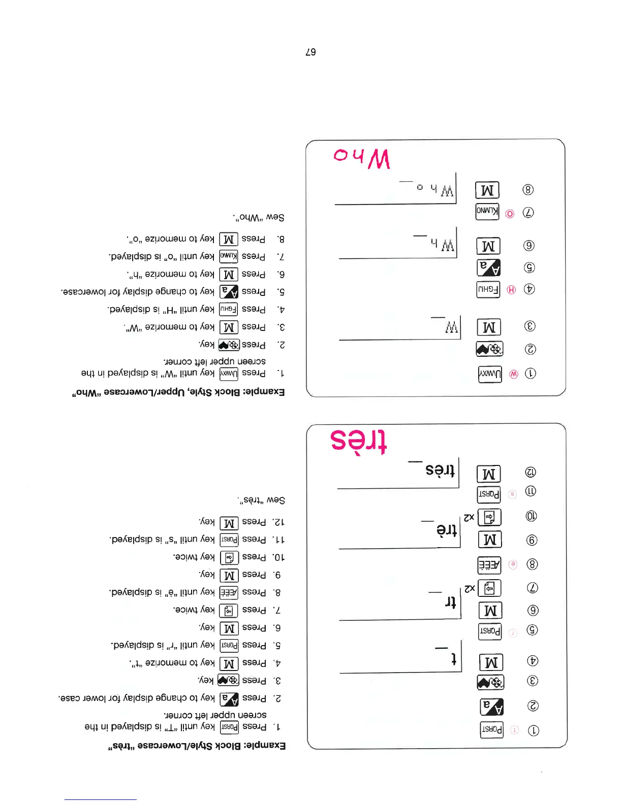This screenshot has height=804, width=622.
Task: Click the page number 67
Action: tap(310, 52)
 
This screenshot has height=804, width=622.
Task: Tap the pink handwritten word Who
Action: tap(361, 157)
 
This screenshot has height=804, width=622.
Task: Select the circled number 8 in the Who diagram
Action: tap(528, 190)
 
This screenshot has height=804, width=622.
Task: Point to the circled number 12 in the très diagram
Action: tap(530, 472)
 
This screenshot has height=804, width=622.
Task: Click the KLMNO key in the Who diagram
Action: tap(487, 212)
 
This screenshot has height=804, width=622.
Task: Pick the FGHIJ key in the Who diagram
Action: tap(488, 289)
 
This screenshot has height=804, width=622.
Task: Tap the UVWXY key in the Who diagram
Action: tap(490, 374)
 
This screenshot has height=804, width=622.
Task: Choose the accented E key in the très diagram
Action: tap(489, 564)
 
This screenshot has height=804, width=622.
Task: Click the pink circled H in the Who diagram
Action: tap(511, 290)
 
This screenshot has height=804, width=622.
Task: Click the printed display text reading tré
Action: tap(447, 530)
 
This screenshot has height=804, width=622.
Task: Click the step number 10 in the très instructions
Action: tap(279, 557)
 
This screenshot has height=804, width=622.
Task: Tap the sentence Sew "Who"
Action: tap(259, 218)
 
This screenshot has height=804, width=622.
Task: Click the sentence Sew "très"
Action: tap(261, 500)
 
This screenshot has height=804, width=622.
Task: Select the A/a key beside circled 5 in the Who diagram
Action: tap(488, 267)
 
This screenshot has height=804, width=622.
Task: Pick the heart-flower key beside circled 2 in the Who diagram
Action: tap(489, 349)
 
